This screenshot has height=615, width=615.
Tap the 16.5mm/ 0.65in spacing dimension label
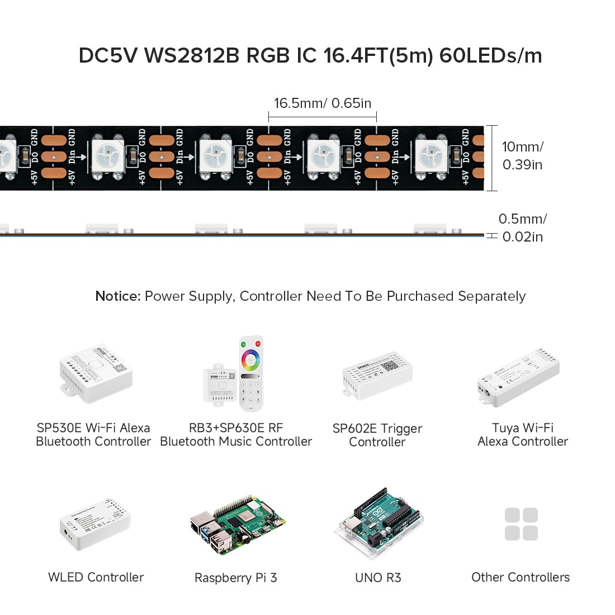coord(322,103)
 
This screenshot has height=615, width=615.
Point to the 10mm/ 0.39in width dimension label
coord(522,155)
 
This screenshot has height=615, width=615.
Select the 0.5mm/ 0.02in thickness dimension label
coord(522,228)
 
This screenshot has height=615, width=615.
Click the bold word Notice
coord(117,296)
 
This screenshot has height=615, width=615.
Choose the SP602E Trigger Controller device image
coord(377,376)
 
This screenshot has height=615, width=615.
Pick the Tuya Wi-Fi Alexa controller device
coord(518,374)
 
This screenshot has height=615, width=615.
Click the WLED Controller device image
coord(95,524)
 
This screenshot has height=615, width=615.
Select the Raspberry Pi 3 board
coord(237,526)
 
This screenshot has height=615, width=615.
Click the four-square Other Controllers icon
coord(521,524)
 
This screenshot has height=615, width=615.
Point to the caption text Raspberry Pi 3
coord(235,578)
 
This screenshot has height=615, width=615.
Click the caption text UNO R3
coord(378,578)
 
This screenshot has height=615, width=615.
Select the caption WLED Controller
coord(96,577)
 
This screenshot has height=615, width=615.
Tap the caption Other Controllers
coord(521,577)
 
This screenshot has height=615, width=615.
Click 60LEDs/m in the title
coord(490,56)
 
